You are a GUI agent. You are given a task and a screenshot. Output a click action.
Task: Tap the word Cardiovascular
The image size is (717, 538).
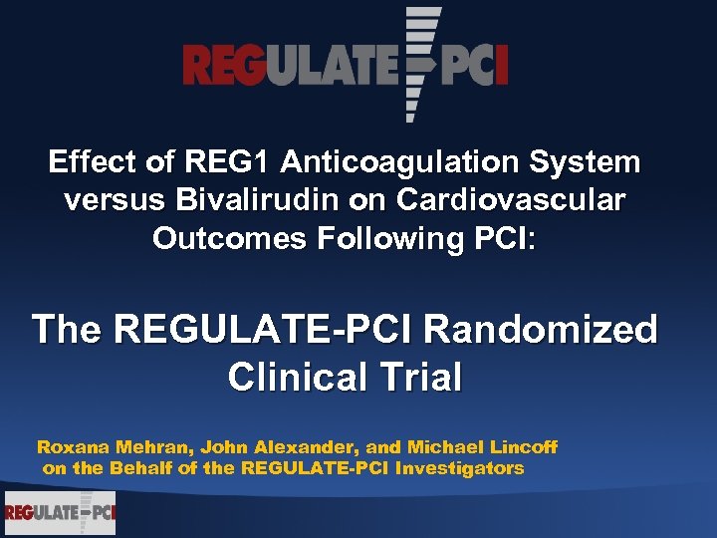(x=512, y=200)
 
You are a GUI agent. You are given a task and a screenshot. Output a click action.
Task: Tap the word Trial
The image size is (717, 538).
(x=429, y=378)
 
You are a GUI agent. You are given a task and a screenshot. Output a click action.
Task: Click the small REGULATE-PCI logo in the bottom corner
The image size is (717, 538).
(x=60, y=513)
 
